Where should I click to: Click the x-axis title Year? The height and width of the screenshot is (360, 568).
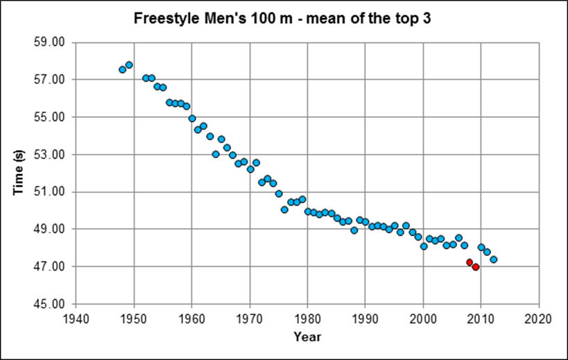[x=307, y=336]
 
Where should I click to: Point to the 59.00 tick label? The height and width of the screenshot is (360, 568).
[x=49, y=42]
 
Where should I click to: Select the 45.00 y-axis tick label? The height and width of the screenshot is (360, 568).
[x=49, y=304]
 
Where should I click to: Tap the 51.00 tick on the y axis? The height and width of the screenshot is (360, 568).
[x=49, y=191]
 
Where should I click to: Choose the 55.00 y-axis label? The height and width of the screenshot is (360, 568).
[x=49, y=117]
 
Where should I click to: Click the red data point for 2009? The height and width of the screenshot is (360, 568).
[x=476, y=266]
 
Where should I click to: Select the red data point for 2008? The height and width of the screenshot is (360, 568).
[x=470, y=262]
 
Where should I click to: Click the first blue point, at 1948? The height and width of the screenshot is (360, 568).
[x=123, y=69]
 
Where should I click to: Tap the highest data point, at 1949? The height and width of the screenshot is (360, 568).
[x=129, y=65]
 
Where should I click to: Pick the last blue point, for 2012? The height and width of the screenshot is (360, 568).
[x=493, y=259]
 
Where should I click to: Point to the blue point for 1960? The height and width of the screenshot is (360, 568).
[x=192, y=119]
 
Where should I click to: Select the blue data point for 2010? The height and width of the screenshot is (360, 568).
[x=481, y=247]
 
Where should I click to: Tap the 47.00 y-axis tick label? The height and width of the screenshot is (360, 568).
[x=49, y=266]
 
